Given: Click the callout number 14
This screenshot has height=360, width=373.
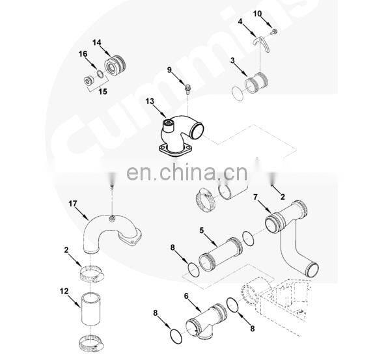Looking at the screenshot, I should pos(96,42).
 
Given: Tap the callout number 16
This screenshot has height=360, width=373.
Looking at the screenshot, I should pos(83,53).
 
